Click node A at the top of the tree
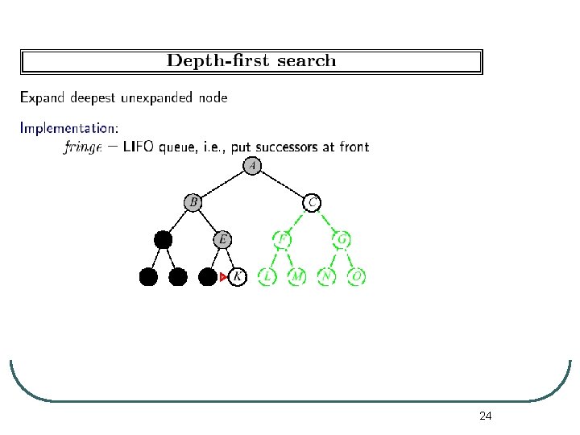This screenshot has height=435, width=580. pos(253,166)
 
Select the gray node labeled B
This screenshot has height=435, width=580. pos(193,202)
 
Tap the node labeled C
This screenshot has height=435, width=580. pos(313,202)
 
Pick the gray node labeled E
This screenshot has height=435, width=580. pos(223,239)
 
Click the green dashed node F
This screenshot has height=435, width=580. pos(283,239)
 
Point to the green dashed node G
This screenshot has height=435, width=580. pos(342,239)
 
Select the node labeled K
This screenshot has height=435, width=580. pos(237,277)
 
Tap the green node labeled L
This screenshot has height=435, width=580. pos(267,277)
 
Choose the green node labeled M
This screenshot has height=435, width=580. pos(297,277)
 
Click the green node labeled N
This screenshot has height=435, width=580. pos(327,277)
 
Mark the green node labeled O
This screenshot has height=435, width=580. pos(357,277)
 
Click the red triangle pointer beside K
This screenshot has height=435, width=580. pos(224,277)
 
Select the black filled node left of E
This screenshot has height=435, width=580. pos(164,239)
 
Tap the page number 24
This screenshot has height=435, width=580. pos(485,416)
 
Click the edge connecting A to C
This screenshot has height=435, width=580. pos(283,184)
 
